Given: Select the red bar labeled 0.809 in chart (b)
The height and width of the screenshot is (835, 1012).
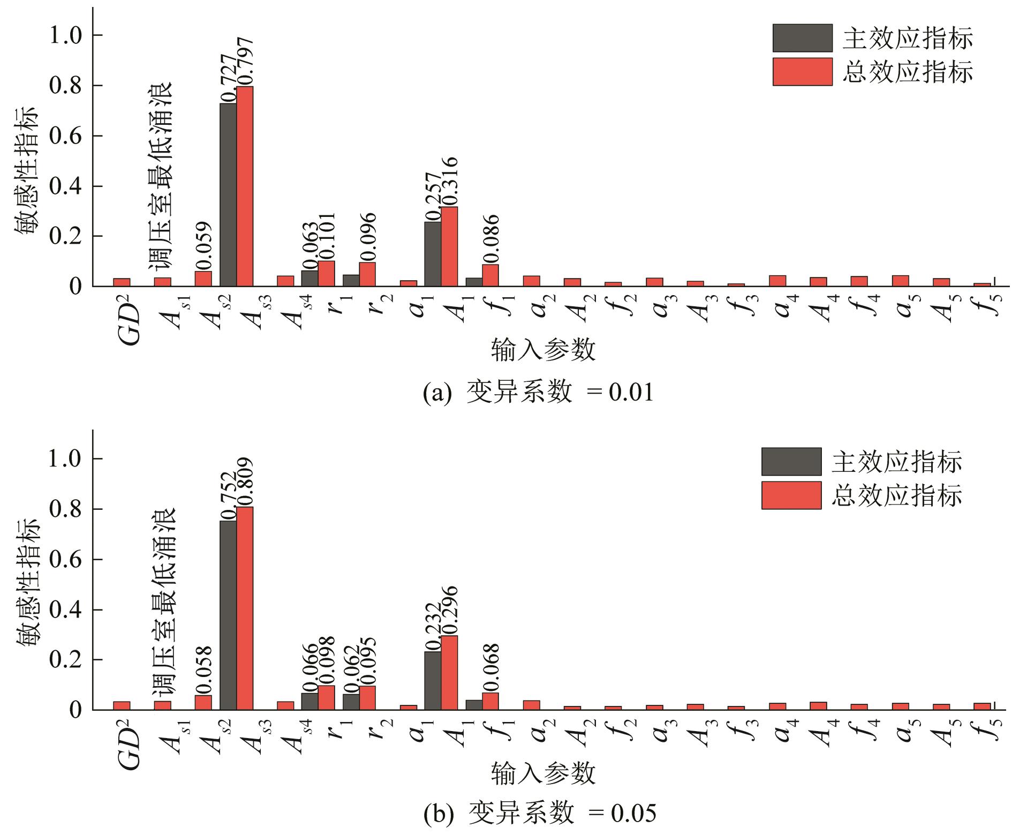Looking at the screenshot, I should point(245,608).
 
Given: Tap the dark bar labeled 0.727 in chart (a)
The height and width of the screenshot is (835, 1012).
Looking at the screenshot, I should point(228,194).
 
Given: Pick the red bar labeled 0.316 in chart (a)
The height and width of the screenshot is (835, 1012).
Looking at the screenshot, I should point(449,246).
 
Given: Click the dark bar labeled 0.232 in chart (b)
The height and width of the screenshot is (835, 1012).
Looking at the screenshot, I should point(433,680).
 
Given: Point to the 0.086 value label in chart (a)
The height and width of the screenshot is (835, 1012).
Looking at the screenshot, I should point(491,239).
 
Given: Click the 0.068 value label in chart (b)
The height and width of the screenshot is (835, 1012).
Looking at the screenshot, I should point(491,667).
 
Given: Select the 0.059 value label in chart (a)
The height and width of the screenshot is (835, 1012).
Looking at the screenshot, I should point(204,246).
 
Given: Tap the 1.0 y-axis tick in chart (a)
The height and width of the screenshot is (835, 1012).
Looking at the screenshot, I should point(68,36).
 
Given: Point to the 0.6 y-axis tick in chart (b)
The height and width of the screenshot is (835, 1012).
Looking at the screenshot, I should point(68,560).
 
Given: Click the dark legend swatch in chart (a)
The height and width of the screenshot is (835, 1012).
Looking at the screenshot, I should point(802,38).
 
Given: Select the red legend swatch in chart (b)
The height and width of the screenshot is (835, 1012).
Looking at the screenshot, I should point(791,495).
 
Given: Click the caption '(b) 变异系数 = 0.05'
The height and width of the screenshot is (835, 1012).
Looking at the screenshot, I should point(540,815).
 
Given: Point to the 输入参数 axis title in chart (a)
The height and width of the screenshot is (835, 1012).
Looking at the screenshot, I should point(543,351).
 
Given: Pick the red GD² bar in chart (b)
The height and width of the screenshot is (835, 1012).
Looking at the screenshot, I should point(122,705).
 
